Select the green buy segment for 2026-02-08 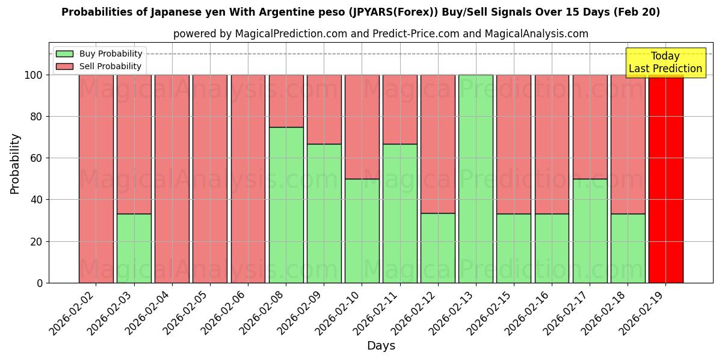[x=286, y=205]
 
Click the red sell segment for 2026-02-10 [x=362, y=127]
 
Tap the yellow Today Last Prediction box [x=665, y=63]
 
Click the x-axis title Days [x=381, y=346]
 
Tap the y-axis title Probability [x=16, y=164]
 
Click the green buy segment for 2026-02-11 [x=400, y=213]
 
